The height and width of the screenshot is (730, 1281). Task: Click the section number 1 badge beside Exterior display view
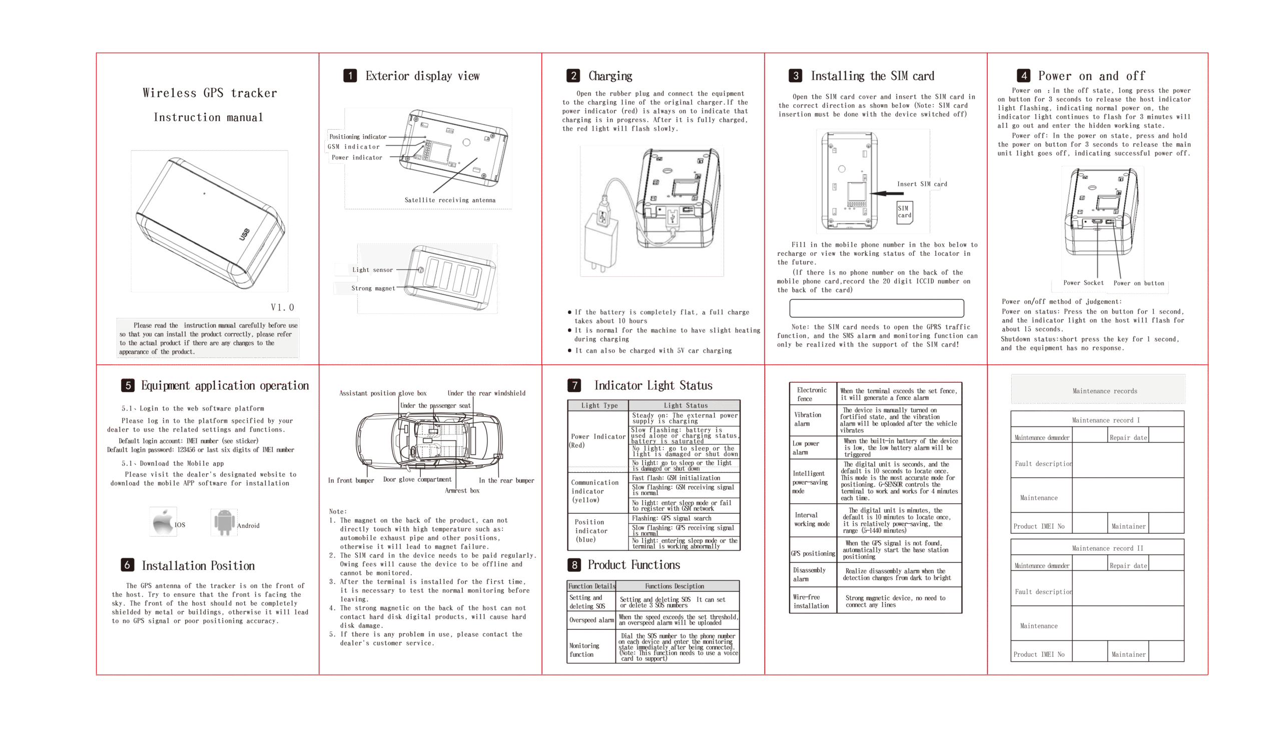click(x=350, y=76)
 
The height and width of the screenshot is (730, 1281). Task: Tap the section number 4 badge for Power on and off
click(x=1023, y=76)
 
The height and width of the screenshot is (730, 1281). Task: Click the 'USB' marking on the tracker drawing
click(x=244, y=234)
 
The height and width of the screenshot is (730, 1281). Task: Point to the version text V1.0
click(x=283, y=307)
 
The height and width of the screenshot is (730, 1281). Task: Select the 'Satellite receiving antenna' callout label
click(x=450, y=200)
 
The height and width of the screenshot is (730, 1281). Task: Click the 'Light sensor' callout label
click(x=372, y=270)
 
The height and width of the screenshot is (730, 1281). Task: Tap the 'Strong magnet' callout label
click(x=373, y=288)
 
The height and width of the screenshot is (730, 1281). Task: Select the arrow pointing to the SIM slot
click(x=886, y=194)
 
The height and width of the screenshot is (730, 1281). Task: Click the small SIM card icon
click(x=904, y=212)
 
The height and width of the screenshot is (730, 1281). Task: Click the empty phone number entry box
click(x=876, y=308)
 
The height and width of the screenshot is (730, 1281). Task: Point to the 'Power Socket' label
click(x=1083, y=283)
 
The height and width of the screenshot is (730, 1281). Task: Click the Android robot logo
click(x=224, y=522)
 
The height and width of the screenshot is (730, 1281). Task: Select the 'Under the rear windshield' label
click(x=486, y=393)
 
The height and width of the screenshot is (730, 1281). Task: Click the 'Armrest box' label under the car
click(x=462, y=490)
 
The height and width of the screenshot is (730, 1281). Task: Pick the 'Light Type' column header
click(x=599, y=406)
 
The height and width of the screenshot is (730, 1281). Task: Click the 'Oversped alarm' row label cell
click(x=591, y=620)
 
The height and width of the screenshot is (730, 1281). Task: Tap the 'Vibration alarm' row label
click(x=808, y=419)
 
